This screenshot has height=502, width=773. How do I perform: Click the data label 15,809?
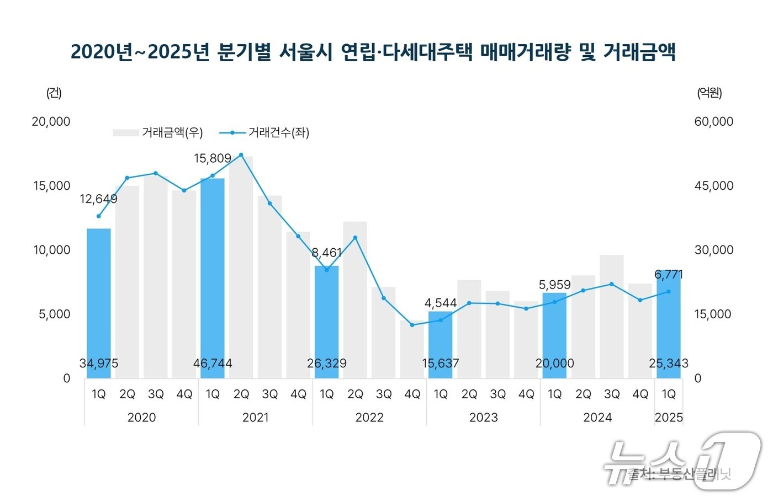tap(213, 159)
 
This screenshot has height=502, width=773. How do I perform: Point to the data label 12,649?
tap(98, 199)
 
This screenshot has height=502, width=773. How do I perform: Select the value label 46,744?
tap(213, 364)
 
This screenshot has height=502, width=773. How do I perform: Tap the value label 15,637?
tap(441, 364)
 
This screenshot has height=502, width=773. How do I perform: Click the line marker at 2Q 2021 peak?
tap(241, 155)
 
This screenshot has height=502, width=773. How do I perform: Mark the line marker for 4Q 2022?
tap(412, 325)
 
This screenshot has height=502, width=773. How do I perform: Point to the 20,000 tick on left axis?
tap(51, 122)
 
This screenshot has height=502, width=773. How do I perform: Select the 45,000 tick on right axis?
tap(713, 186)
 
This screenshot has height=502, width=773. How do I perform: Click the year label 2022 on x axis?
tap(369, 418)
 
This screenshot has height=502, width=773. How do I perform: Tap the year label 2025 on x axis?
tap(669, 418)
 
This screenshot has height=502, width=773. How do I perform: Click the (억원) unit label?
tap(709, 93)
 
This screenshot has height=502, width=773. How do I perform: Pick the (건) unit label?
tap(54, 93)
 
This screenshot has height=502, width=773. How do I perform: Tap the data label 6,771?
tap(669, 275)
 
